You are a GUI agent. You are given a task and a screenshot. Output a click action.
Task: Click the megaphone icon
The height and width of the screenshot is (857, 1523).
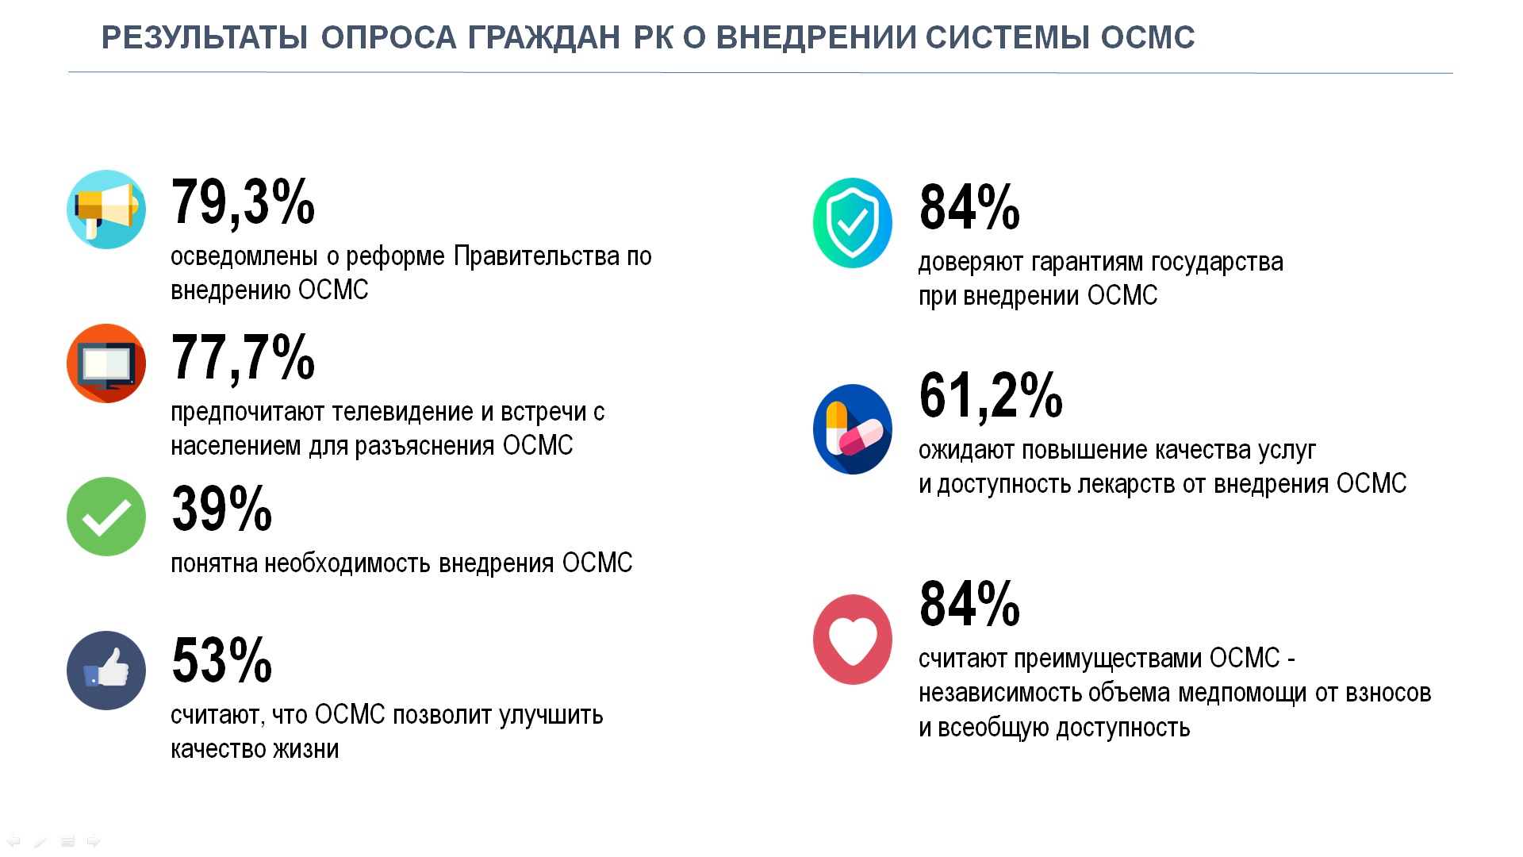tap(106, 209)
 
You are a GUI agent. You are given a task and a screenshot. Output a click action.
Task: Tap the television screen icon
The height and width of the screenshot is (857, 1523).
tap(106, 363)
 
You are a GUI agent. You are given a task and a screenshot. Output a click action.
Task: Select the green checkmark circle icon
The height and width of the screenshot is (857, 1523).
tap(106, 517)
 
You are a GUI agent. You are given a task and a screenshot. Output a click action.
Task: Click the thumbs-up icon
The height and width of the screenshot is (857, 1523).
tap(106, 671)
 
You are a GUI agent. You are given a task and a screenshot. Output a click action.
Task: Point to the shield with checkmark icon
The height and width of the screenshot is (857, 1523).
tap(853, 223)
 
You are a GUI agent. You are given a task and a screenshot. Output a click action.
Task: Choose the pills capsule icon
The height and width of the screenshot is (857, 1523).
tap(853, 429)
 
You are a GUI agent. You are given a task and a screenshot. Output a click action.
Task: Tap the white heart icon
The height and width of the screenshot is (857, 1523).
tap(853, 640)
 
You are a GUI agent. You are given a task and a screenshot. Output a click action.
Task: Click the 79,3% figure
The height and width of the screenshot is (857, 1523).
tap(243, 203)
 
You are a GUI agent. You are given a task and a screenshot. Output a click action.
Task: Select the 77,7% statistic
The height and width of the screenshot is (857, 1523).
tap(243, 358)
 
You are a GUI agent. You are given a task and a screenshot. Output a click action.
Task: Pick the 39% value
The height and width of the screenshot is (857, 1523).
tap(222, 509)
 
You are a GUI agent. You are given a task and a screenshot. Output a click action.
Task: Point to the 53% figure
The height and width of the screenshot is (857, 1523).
tap(222, 660)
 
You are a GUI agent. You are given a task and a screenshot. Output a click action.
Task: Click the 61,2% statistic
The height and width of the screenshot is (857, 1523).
tap(991, 395)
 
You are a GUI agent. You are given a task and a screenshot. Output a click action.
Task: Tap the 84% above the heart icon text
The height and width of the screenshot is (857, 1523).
tap(969, 604)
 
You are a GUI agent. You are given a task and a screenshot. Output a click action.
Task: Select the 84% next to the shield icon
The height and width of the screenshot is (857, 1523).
tap(969, 207)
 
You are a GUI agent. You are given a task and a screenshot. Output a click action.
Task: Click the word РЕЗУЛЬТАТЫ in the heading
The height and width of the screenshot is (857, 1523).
tap(205, 38)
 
